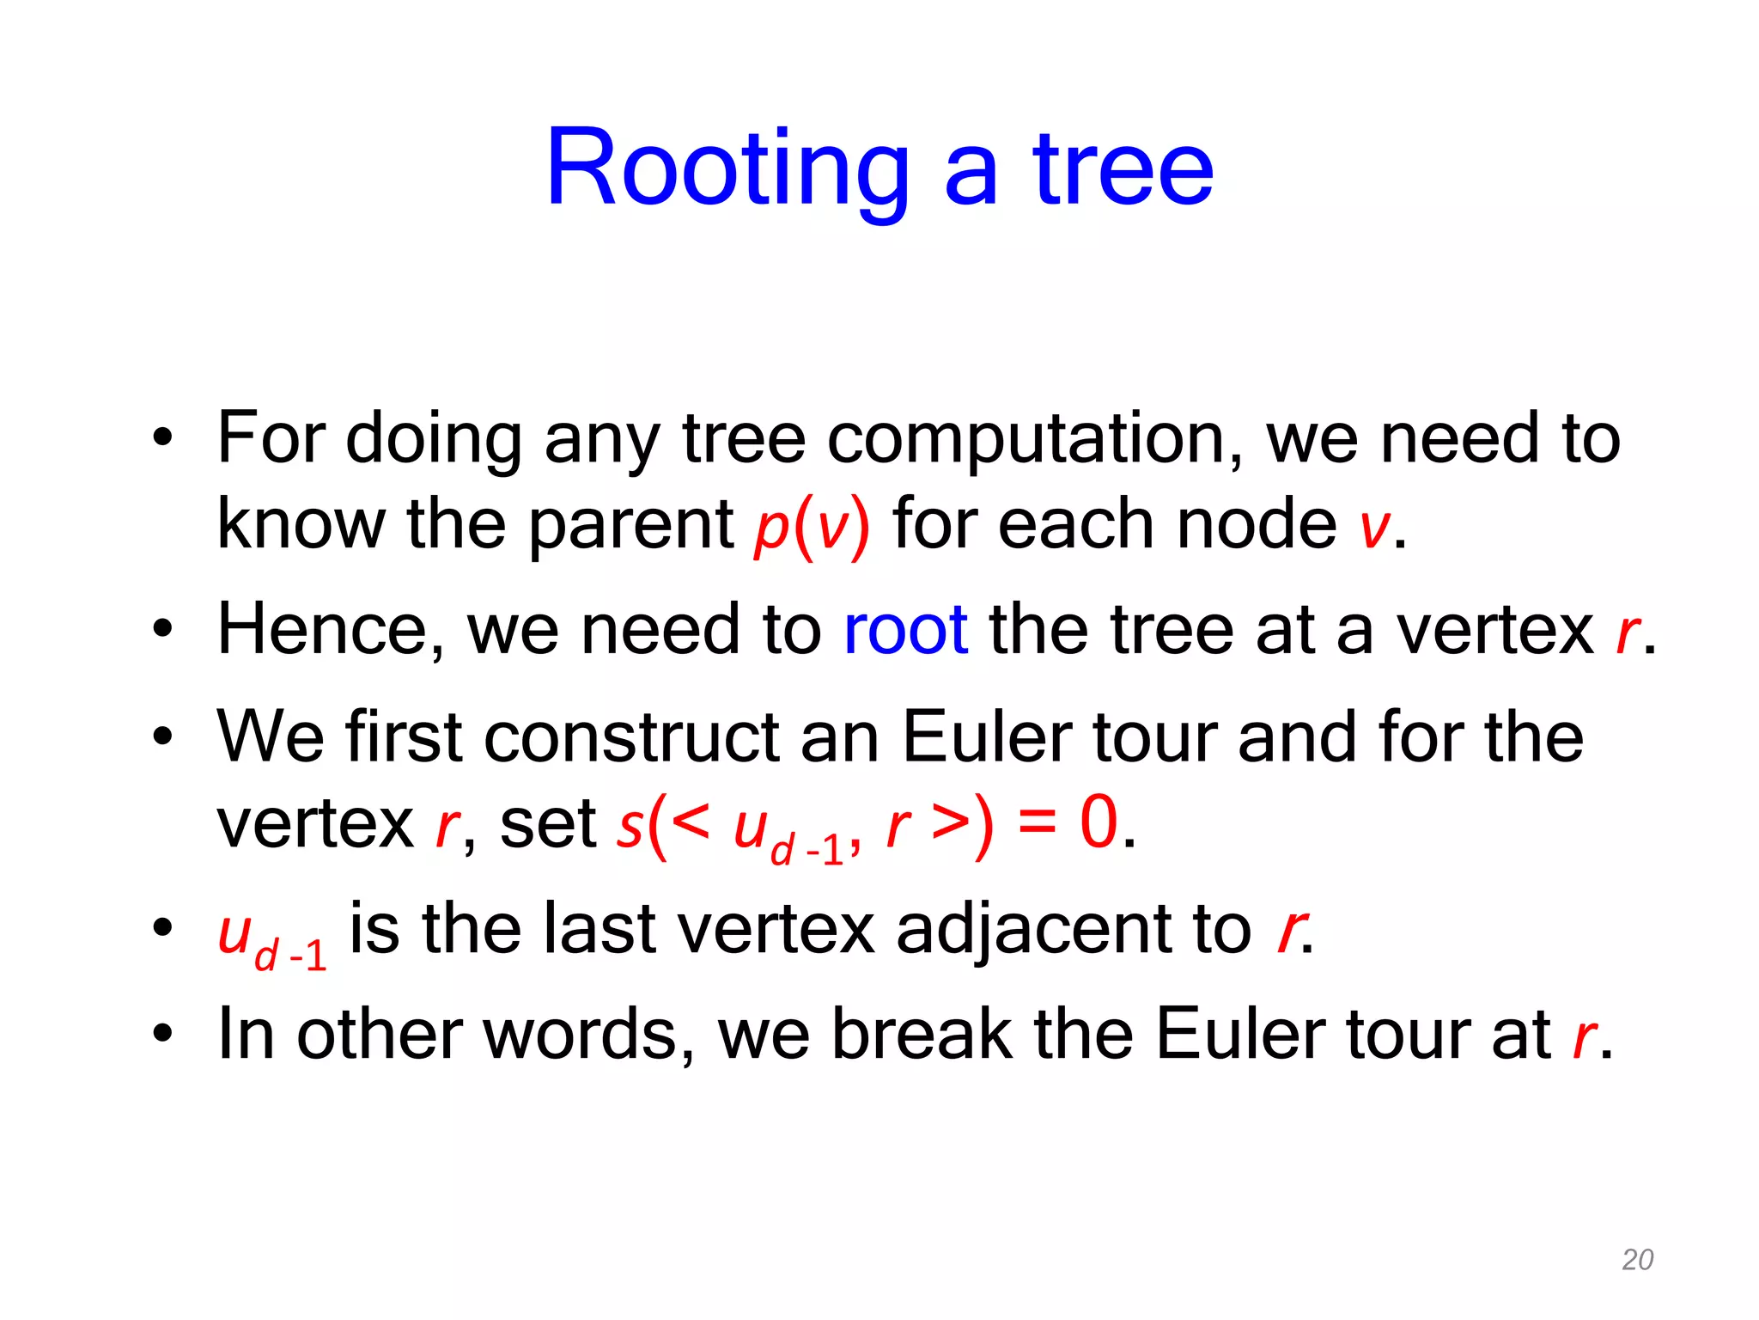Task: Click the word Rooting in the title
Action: tap(727, 169)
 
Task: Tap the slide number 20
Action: tap(1637, 1259)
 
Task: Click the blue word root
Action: tap(905, 630)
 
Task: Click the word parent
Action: tap(630, 526)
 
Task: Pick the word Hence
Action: tap(331, 630)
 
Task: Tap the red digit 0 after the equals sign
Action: tap(1099, 822)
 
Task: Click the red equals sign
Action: tap(1036, 822)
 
